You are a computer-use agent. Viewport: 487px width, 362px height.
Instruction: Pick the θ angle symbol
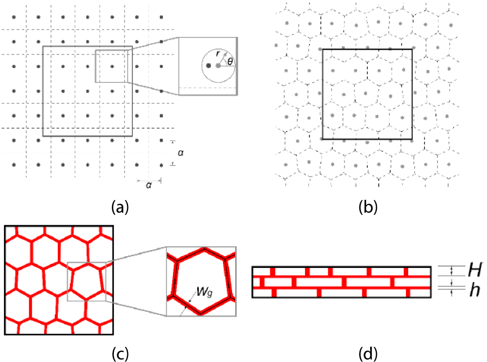click(230, 62)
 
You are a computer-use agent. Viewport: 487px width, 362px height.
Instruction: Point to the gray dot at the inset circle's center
click(218, 66)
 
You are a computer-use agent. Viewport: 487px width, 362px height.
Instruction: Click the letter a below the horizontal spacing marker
click(149, 186)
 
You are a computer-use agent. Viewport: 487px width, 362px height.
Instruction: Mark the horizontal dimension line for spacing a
click(149, 180)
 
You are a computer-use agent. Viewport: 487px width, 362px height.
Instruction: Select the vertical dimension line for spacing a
click(172, 152)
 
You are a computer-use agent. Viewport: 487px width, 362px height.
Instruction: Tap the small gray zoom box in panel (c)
click(86, 281)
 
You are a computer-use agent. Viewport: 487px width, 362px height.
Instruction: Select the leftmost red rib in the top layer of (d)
click(273, 271)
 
